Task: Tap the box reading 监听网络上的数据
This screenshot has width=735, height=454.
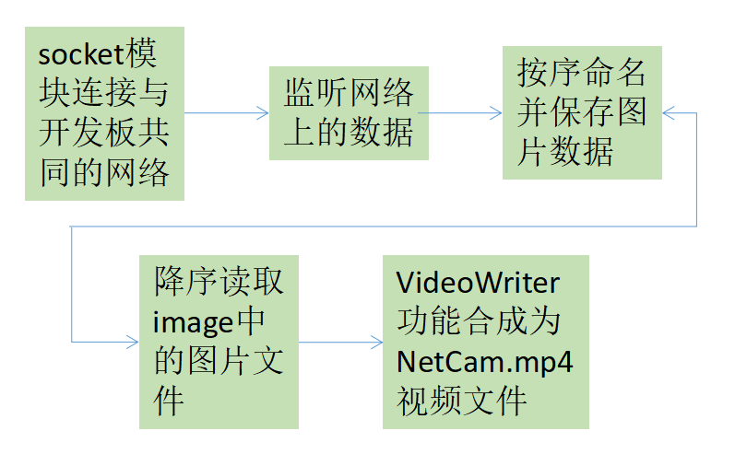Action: tap(349, 111)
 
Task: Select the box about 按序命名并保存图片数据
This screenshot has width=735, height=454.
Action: tap(582, 111)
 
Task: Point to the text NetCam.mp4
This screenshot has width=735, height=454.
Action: tap(485, 360)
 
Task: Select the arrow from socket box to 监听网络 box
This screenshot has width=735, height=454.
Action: tap(227, 112)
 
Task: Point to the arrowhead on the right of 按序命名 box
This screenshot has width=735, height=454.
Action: tap(668, 112)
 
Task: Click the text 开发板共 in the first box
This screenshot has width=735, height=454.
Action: tap(104, 133)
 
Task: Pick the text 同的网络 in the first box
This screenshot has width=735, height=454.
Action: tap(104, 172)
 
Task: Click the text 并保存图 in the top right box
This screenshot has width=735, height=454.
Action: tap(582, 111)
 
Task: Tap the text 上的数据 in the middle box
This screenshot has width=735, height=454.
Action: tap(349, 132)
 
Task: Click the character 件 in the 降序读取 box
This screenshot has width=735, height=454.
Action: tap(169, 401)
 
